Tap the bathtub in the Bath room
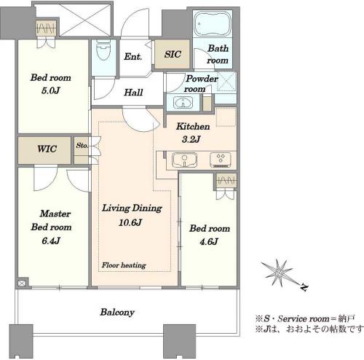pos(213,24)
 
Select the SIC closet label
pos(173,54)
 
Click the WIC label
pos(47,149)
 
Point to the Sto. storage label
pos(82,145)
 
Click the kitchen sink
pos(184,160)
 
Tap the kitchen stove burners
pos(221,160)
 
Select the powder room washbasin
pos(183,102)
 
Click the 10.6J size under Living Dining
pos(130,222)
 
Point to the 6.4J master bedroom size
pos(51,240)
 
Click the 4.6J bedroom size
pos(209,242)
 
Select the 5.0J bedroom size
pos(50,90)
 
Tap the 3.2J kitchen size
pos(191,139)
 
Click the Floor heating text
pos(124,265)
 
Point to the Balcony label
pos(117,312)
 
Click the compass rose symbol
pos(279,273)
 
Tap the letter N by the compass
pos(304,287)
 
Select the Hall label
pos(133,93)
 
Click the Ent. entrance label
pos(132,57)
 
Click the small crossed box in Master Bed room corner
pos(21,283)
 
